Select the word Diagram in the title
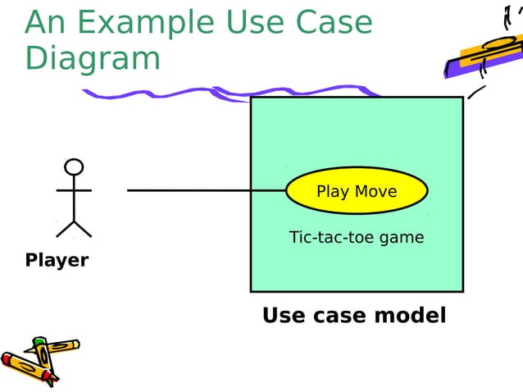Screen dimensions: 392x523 coord(93,59)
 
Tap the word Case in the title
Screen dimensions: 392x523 coord(335,24)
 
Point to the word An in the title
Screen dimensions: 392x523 coord(45,24)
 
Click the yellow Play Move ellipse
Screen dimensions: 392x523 coord(357,191)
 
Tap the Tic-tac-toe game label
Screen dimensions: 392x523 coord(357,238)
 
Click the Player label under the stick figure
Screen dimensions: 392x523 coord(57,261)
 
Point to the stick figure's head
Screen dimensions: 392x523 coord(74,167)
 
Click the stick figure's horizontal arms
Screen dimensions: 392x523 coord(74,190)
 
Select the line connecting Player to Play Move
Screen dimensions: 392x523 coord(205,190)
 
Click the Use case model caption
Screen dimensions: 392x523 coord(354,315)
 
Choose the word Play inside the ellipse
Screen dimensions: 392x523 coord(332,192)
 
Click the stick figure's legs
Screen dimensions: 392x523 coord(74,227)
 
